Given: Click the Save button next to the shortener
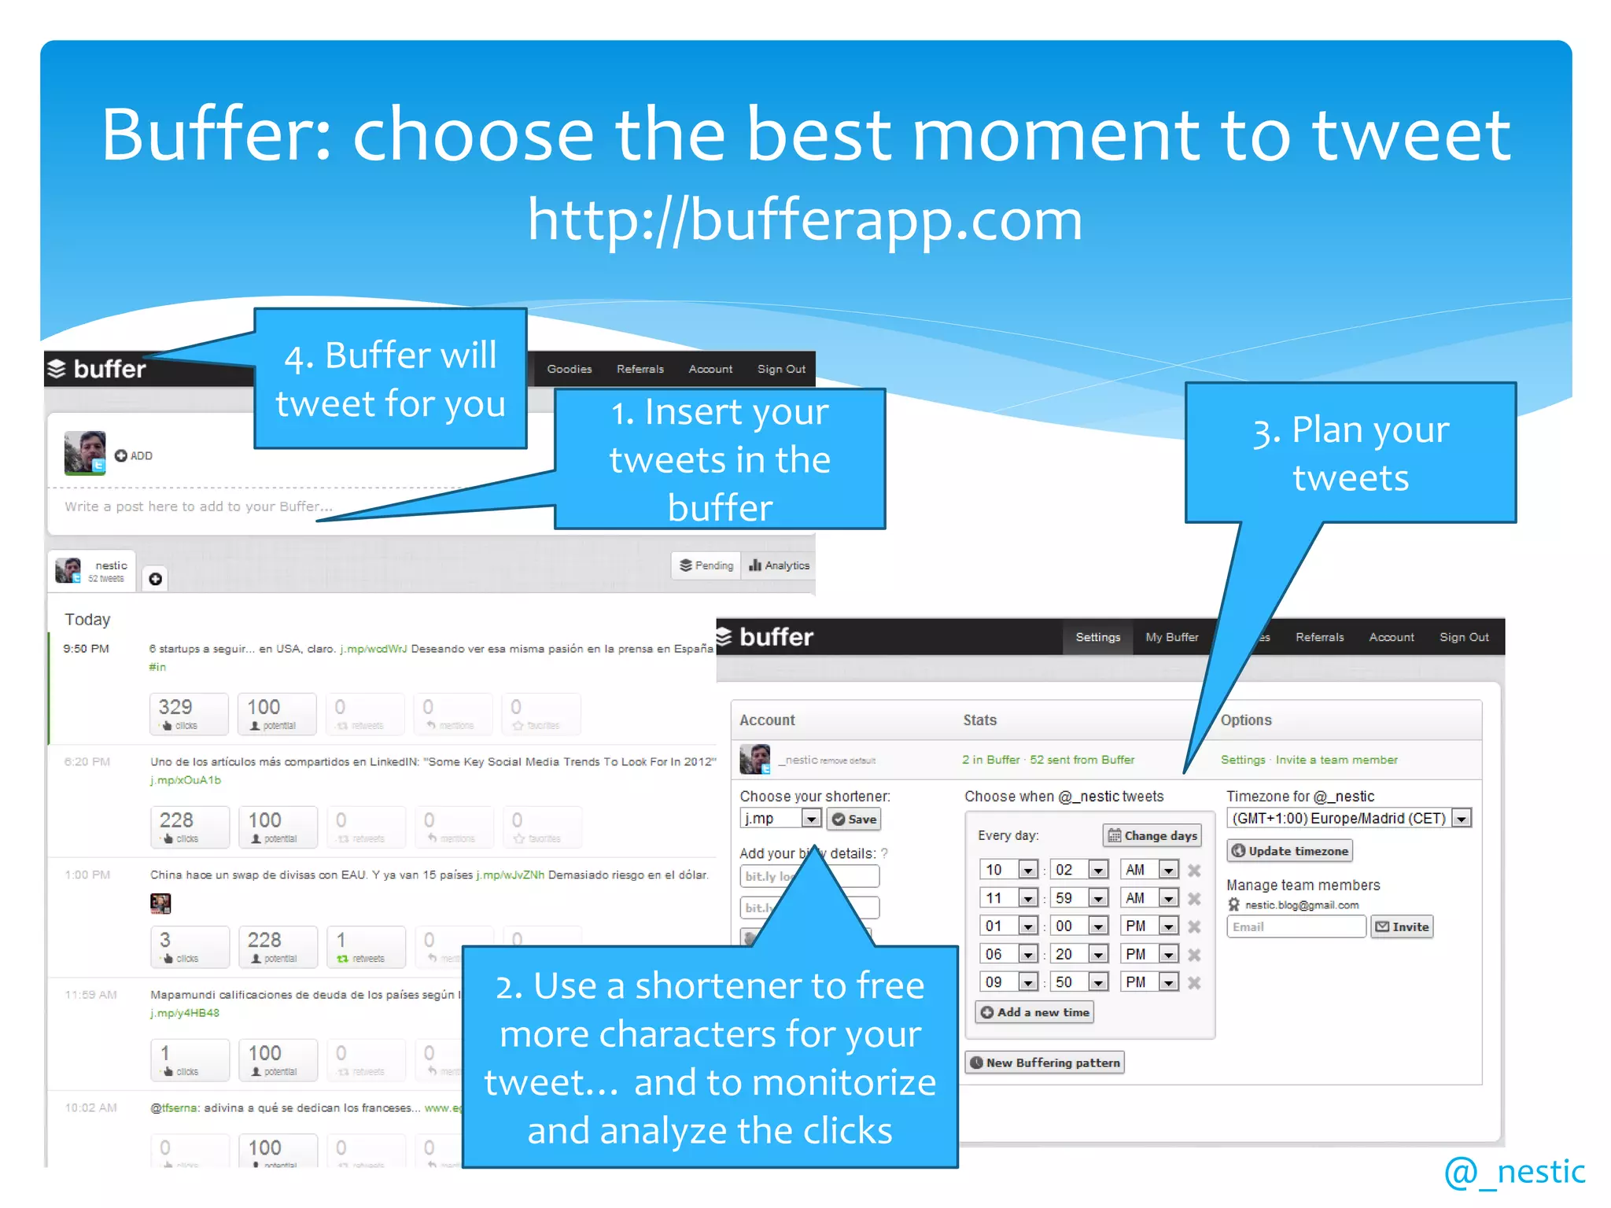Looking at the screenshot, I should (853, 819).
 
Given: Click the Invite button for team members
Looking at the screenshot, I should (1402, 926).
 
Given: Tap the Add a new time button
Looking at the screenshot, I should (1034, 1012).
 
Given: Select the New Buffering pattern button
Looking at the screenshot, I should (1045, 1063).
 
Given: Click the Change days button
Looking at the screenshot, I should (1152, 835).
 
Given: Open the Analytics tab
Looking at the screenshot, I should (779, 565).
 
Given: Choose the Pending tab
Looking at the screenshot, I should (706, 565).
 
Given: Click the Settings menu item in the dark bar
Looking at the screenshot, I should (1097, 637).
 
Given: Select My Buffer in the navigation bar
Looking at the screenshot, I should (1171, 637).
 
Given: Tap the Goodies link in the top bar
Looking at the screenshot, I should (569, 369).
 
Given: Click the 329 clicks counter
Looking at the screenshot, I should (189, 713).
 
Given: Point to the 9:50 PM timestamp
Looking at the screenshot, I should (87, 649).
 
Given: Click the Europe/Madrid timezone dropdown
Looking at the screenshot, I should (1348, 818).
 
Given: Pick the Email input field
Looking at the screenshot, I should (1296, 926).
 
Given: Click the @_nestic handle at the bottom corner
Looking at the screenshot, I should (1514, 1172).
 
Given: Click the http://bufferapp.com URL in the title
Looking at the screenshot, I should (805, 219).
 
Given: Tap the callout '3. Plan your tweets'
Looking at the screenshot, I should (1350, 453).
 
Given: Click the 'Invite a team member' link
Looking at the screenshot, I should (1336, 760).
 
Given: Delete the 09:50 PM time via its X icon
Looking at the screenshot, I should (1194, 982).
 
